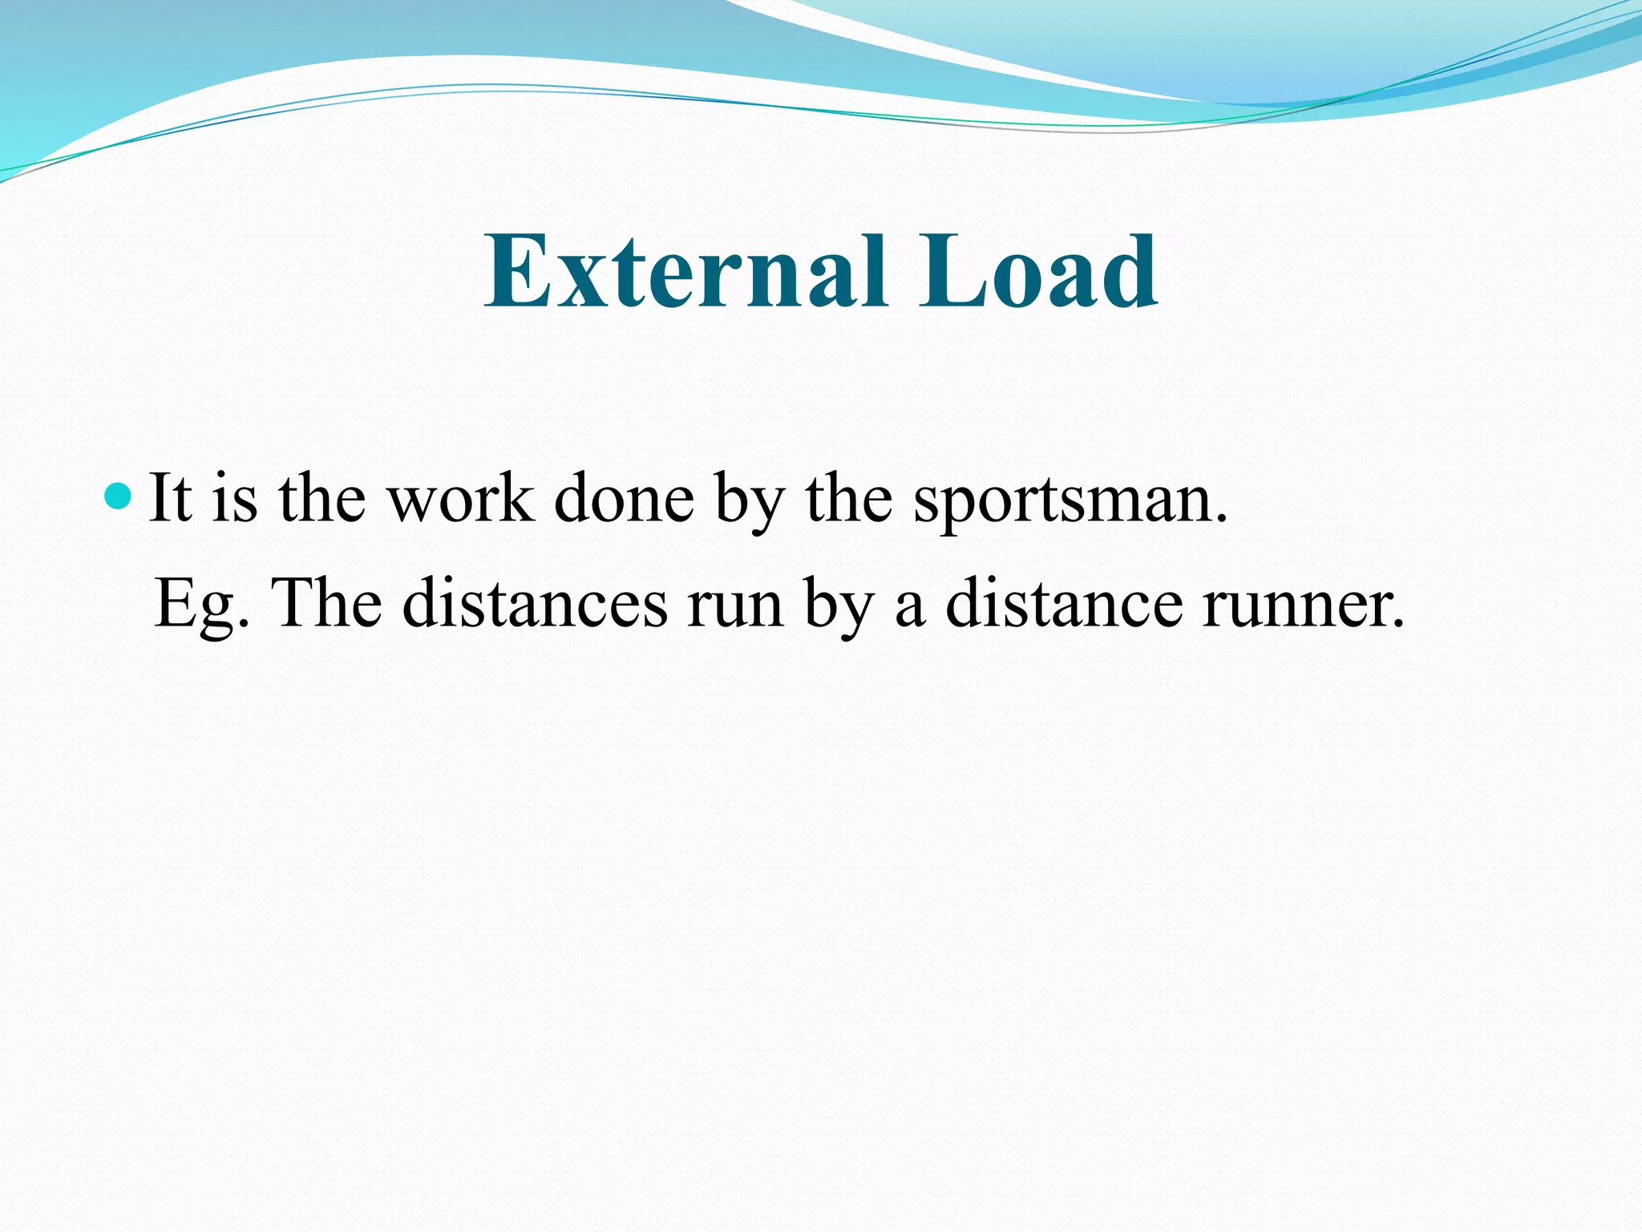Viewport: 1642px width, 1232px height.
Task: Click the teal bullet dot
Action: [118, 496]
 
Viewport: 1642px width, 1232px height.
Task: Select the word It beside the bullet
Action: [170, 498]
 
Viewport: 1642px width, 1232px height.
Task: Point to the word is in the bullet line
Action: [235, 498]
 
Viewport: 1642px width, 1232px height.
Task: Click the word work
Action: [460, 498]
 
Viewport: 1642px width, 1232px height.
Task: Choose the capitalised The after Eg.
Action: [327, 603]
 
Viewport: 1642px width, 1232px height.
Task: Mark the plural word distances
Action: [535, 603]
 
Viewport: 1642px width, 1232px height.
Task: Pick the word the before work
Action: [322, 498]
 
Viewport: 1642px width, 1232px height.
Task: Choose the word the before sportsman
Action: [848, 498]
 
